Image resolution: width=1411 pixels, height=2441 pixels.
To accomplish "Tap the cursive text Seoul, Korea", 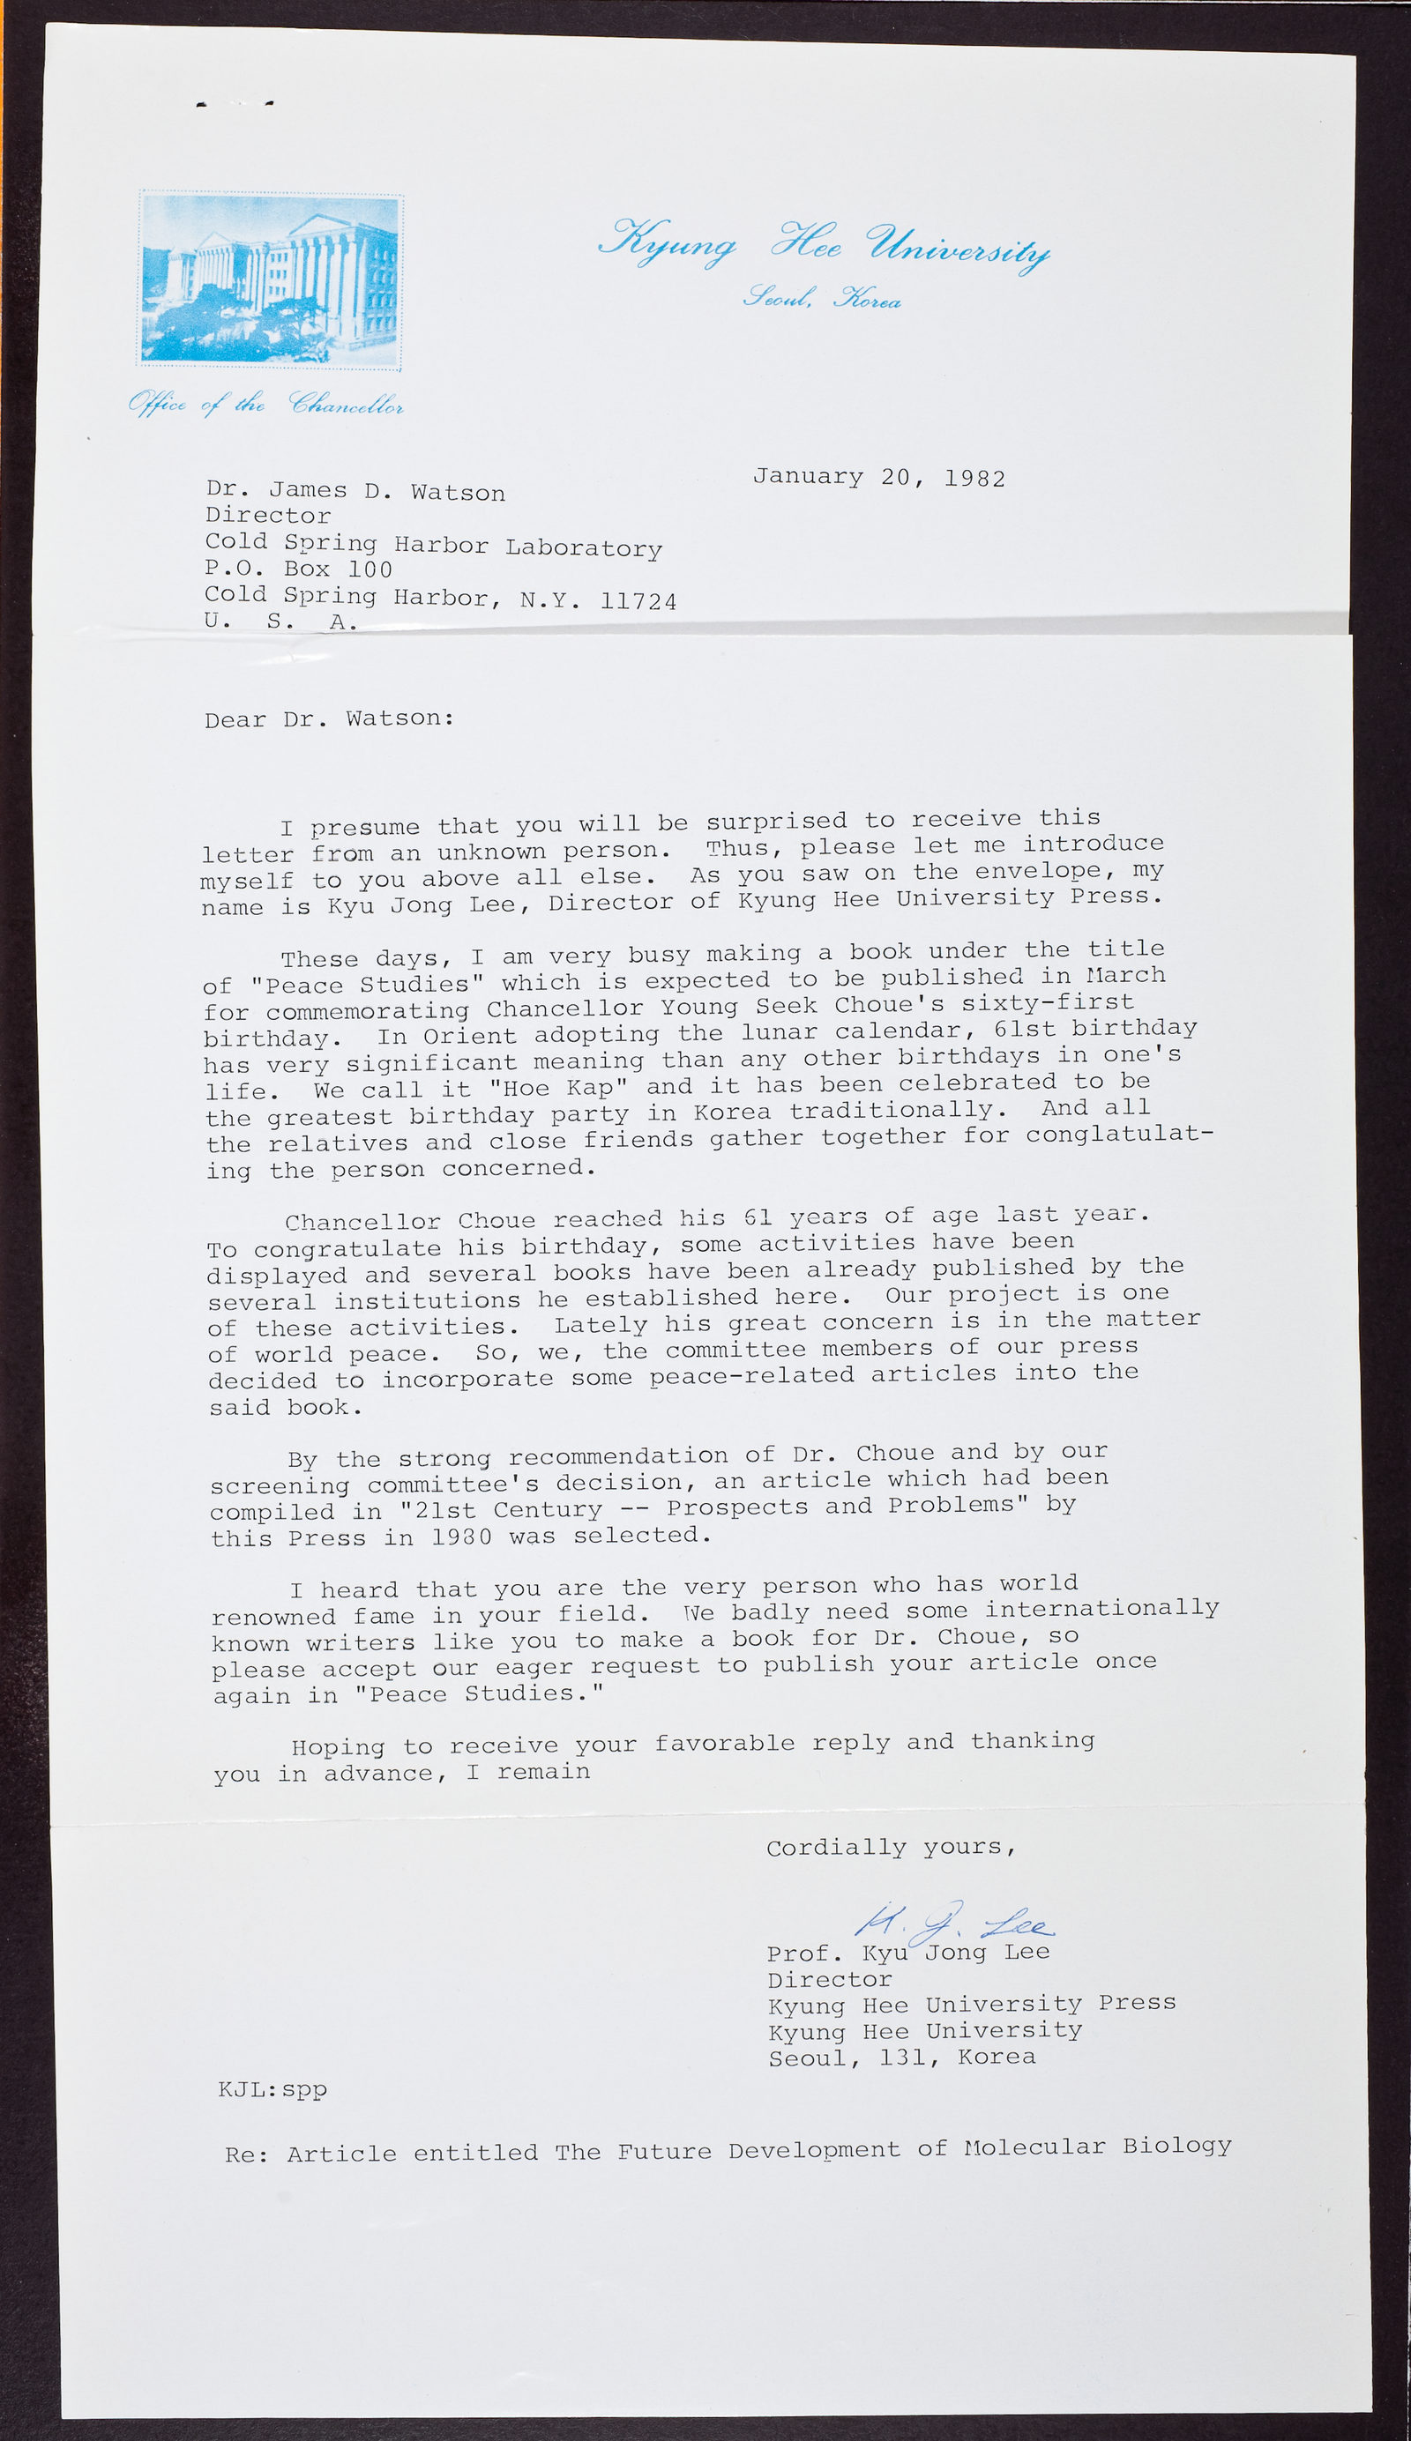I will coord(822,298).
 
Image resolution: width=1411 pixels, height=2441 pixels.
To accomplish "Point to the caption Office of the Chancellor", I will coord(265,404).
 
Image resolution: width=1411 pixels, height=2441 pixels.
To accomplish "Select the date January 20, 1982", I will coord(878,478).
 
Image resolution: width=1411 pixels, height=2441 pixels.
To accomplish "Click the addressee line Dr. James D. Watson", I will coord(355,491).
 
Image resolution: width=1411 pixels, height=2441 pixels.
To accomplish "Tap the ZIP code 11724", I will coord(638,601).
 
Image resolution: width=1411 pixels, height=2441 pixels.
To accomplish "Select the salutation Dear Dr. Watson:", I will coord(329,718).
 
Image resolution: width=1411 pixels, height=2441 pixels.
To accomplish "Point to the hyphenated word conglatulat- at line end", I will coord(1118,1134).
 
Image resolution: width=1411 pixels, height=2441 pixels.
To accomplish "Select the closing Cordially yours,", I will coord(891,1847).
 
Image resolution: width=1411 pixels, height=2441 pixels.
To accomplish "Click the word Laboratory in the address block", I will coord(584,548).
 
